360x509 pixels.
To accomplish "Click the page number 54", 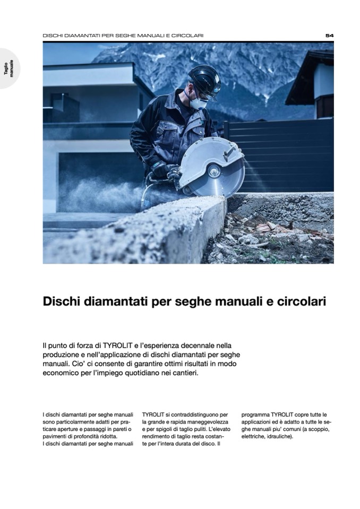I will click(x=329, y=36).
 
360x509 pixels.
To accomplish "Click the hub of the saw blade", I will click(x=215, y=171).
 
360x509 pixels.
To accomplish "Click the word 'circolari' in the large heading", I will click(x=302, y=301).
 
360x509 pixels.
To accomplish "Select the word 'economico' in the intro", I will click(x=61, y=373).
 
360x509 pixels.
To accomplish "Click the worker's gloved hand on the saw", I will click(x=158, y=170).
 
